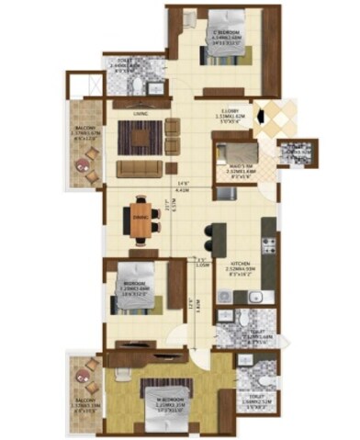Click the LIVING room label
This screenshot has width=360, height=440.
(x=141, y=115)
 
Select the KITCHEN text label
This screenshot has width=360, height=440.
(x=241, y=261)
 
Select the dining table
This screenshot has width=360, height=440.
(x=141, y=218)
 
